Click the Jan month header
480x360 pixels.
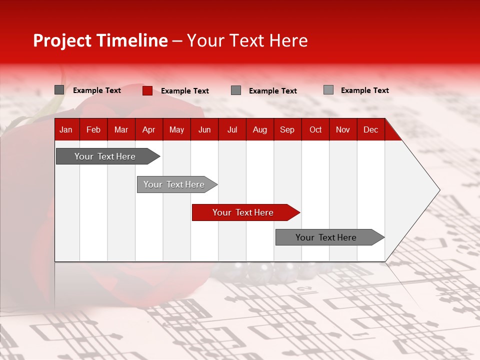pyautogui.click(x=66, y=129)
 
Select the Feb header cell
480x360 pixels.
pyautogui.click(x=93, y=129)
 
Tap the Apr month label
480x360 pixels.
pyautogui.click(x=148, y=129)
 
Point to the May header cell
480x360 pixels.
pyautogui.click(x=176, y=129)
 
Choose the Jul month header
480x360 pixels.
pyautogui.click(x=232, y=129)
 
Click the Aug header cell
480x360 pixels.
pyautogui.click(x=259, y=129)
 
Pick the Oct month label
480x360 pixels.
pyautogui.click(x=315, y=129)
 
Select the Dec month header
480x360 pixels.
pyautogui.click(x=370, y=129)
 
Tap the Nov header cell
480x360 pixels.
pyautogui.click(x=343, y=129)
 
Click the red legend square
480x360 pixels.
pyautogui.click(x=147, y=90)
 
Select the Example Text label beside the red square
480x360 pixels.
pyautogui.click(x=184, y=91)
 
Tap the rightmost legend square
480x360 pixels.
pyautogui.click(x=328, y=90)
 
